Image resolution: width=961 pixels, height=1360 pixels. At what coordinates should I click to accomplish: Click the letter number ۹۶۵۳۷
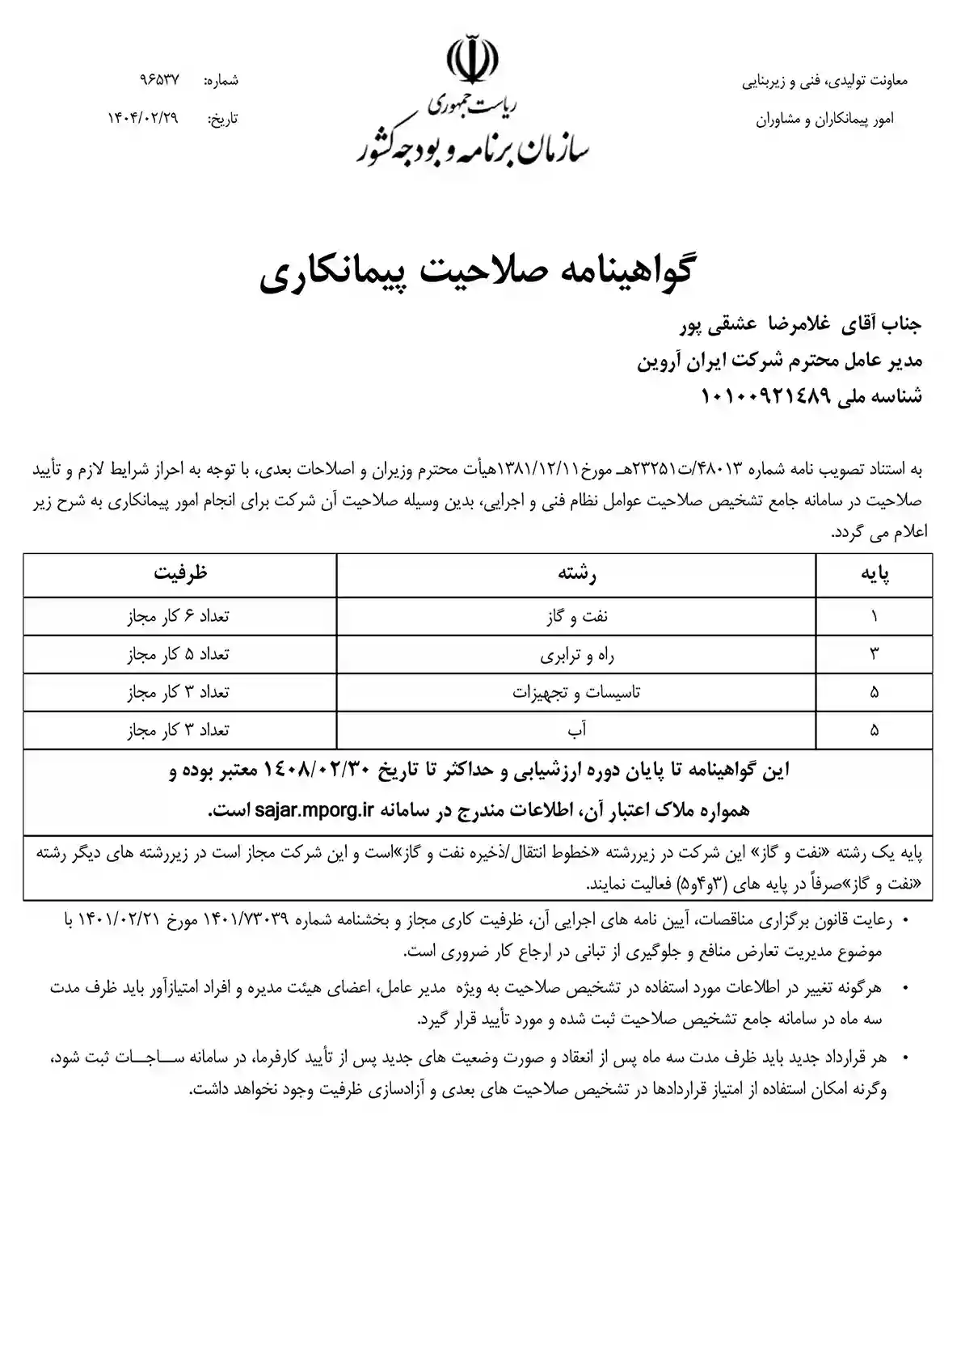point(159,81)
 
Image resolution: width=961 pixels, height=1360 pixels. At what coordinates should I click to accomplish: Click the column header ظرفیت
point(180,573)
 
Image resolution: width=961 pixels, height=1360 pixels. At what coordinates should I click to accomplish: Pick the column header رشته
point(576,574)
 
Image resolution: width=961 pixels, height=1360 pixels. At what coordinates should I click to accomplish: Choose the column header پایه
point(874,574)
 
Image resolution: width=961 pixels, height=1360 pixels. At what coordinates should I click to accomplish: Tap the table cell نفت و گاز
point(576,616)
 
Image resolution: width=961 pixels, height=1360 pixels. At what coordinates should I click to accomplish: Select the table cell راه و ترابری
point(576,654)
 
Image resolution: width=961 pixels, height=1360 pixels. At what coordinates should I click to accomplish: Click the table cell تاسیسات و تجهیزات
point(576,692)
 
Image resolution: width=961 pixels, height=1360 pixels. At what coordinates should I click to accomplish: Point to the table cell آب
point(576,730)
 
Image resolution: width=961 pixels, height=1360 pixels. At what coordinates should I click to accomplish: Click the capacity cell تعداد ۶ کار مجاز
point(179,616)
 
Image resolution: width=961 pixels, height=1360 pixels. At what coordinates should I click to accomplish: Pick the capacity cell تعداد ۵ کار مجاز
point(179,654)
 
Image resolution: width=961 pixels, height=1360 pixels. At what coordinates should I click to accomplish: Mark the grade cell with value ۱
point(874,616)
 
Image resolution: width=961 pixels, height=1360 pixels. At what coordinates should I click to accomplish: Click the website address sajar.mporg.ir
point(313,809)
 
